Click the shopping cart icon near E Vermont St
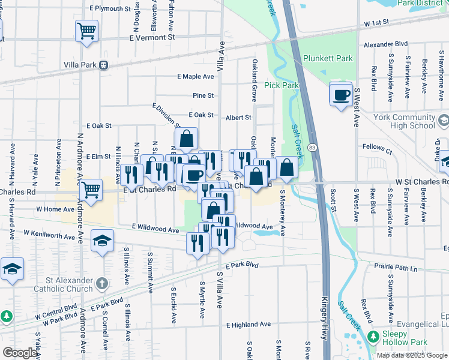tap(86, 31)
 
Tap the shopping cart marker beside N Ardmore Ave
tap(91, 190)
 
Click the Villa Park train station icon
tap(104, 65)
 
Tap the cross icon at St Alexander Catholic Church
tap(103, 282)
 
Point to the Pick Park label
tap(282, 85)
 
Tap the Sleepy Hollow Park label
tap(409, 334)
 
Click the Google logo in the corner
tap(20, 353)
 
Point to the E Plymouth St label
tap(110, 9)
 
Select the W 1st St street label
tap(376, 22)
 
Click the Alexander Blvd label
tap(385, 44)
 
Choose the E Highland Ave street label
tap(250, 325)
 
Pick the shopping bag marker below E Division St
tap(187, 139)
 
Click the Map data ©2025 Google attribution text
tap(412, 355)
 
